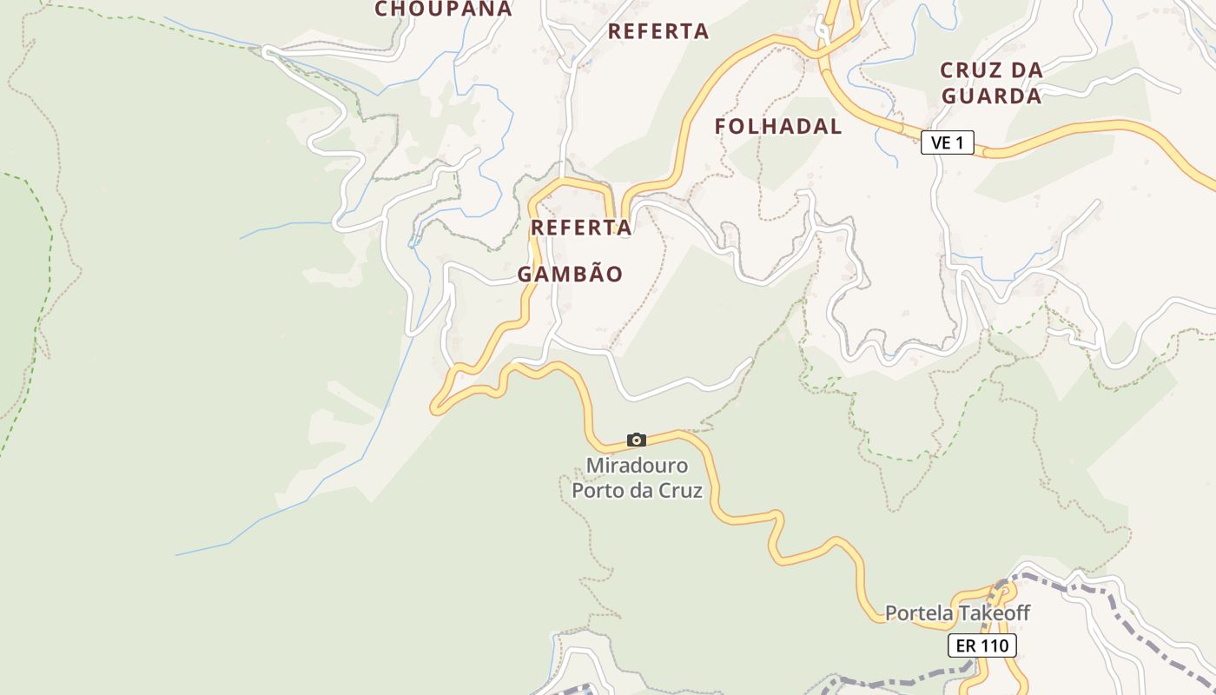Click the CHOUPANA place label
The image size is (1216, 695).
tap(443, 10)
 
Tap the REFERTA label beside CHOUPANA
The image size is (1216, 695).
tap(658, 31)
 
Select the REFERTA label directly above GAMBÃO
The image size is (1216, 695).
tap(580, 228)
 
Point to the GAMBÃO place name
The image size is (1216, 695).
tap(570, 275)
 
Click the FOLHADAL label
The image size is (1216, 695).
tap(778, 127)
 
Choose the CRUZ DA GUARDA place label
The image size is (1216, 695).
tap(991, 83)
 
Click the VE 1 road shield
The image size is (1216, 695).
tap(948, 142)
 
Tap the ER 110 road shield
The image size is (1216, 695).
tap(981, 645)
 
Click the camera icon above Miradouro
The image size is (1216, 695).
tap(637, 440)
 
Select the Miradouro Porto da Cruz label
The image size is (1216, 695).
tap(637, 478)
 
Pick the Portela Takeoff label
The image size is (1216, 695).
tap(957, 613)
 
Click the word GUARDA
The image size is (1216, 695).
tap(991, 96)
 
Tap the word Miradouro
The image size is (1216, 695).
tap(637, 466)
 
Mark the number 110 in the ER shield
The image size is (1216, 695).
tap(995, 645)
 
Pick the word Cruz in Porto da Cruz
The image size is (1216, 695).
tap(680, 490)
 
